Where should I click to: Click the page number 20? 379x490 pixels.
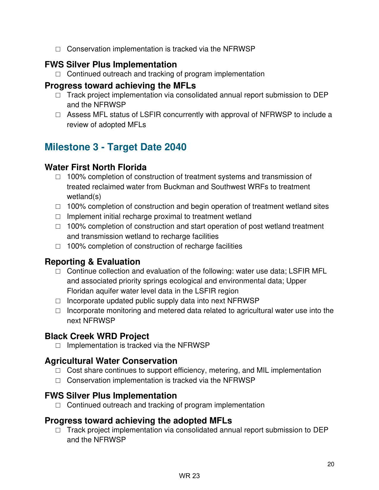[x=331, y=464]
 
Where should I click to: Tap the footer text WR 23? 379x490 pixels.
[x=189, y=476]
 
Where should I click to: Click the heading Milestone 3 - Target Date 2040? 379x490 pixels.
[x=115, y=147]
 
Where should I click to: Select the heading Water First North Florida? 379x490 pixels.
[x=95, y=167]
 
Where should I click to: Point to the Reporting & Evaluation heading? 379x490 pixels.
[x=92, y=262]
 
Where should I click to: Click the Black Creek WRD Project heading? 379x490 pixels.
[x=97, y=336]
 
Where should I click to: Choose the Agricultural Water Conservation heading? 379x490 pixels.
[x=111, y=361]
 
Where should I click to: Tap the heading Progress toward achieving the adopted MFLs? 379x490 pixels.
[x=138, y=421]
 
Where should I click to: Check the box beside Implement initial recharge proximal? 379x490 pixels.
[x=58, y=216]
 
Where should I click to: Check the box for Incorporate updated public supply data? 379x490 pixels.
[x=58, y=301]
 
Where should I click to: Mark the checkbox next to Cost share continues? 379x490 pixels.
[x=58, y=371]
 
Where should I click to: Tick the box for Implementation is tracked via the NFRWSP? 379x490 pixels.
[x=58, y=346]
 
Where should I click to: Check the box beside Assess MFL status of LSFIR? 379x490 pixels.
[x=58, y=115]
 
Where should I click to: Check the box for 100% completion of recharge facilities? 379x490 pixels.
[x=58, y=246]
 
